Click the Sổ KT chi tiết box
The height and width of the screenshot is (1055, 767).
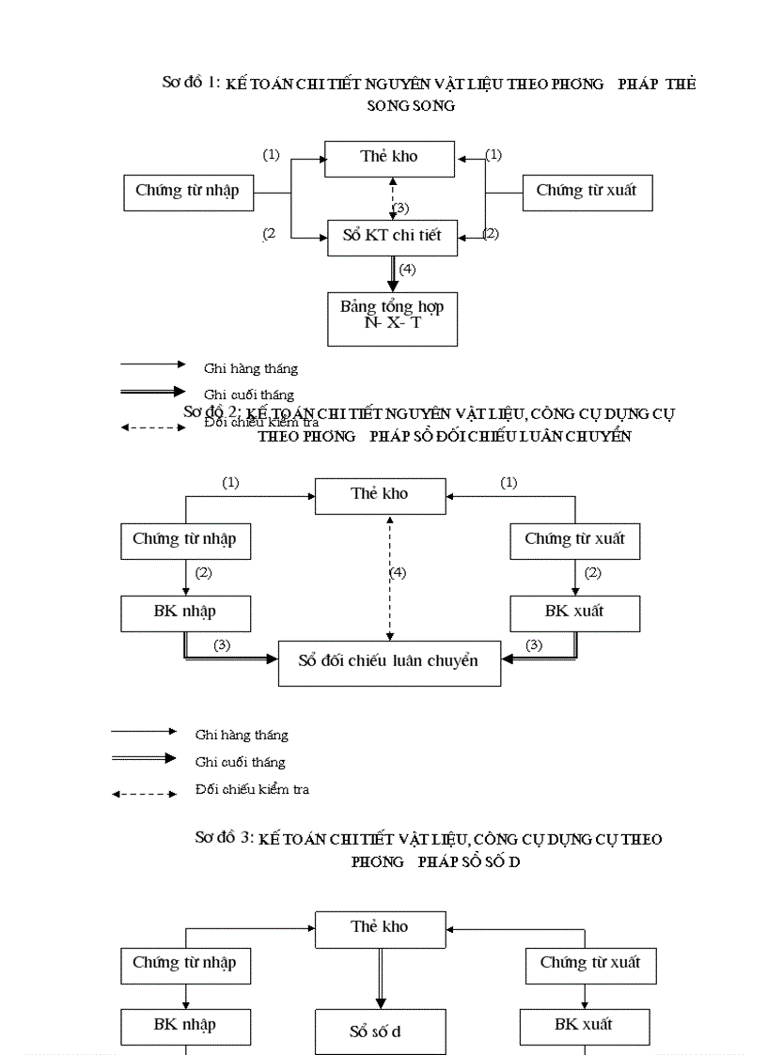coord(392,235)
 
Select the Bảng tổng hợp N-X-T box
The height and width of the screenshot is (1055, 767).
coord(392,319)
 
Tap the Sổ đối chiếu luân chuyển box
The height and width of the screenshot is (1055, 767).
coord(389,661)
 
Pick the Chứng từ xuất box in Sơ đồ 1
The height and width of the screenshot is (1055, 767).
coord(587,192)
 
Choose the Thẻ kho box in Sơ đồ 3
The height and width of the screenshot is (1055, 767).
coord(380,927)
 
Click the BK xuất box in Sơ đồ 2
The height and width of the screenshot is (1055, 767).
coord(574,612)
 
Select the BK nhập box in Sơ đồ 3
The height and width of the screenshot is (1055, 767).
coord(185,1025)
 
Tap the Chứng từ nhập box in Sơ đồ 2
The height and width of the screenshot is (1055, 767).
coord(185,539)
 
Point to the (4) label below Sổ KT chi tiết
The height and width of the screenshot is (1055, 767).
coord(407,270)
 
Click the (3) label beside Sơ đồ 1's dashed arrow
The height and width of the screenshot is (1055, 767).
coord(401,208)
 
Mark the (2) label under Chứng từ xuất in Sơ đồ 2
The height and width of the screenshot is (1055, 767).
coord(592,573)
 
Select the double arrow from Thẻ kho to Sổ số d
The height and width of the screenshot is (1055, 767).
coord(380,977)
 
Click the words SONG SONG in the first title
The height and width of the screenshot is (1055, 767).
coord(411,106)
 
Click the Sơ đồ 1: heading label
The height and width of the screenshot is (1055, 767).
coord(192,83)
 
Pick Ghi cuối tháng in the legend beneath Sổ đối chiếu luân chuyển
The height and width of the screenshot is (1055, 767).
coord(240,762)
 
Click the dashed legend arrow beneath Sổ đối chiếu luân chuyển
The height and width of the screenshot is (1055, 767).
coord(144,794)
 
